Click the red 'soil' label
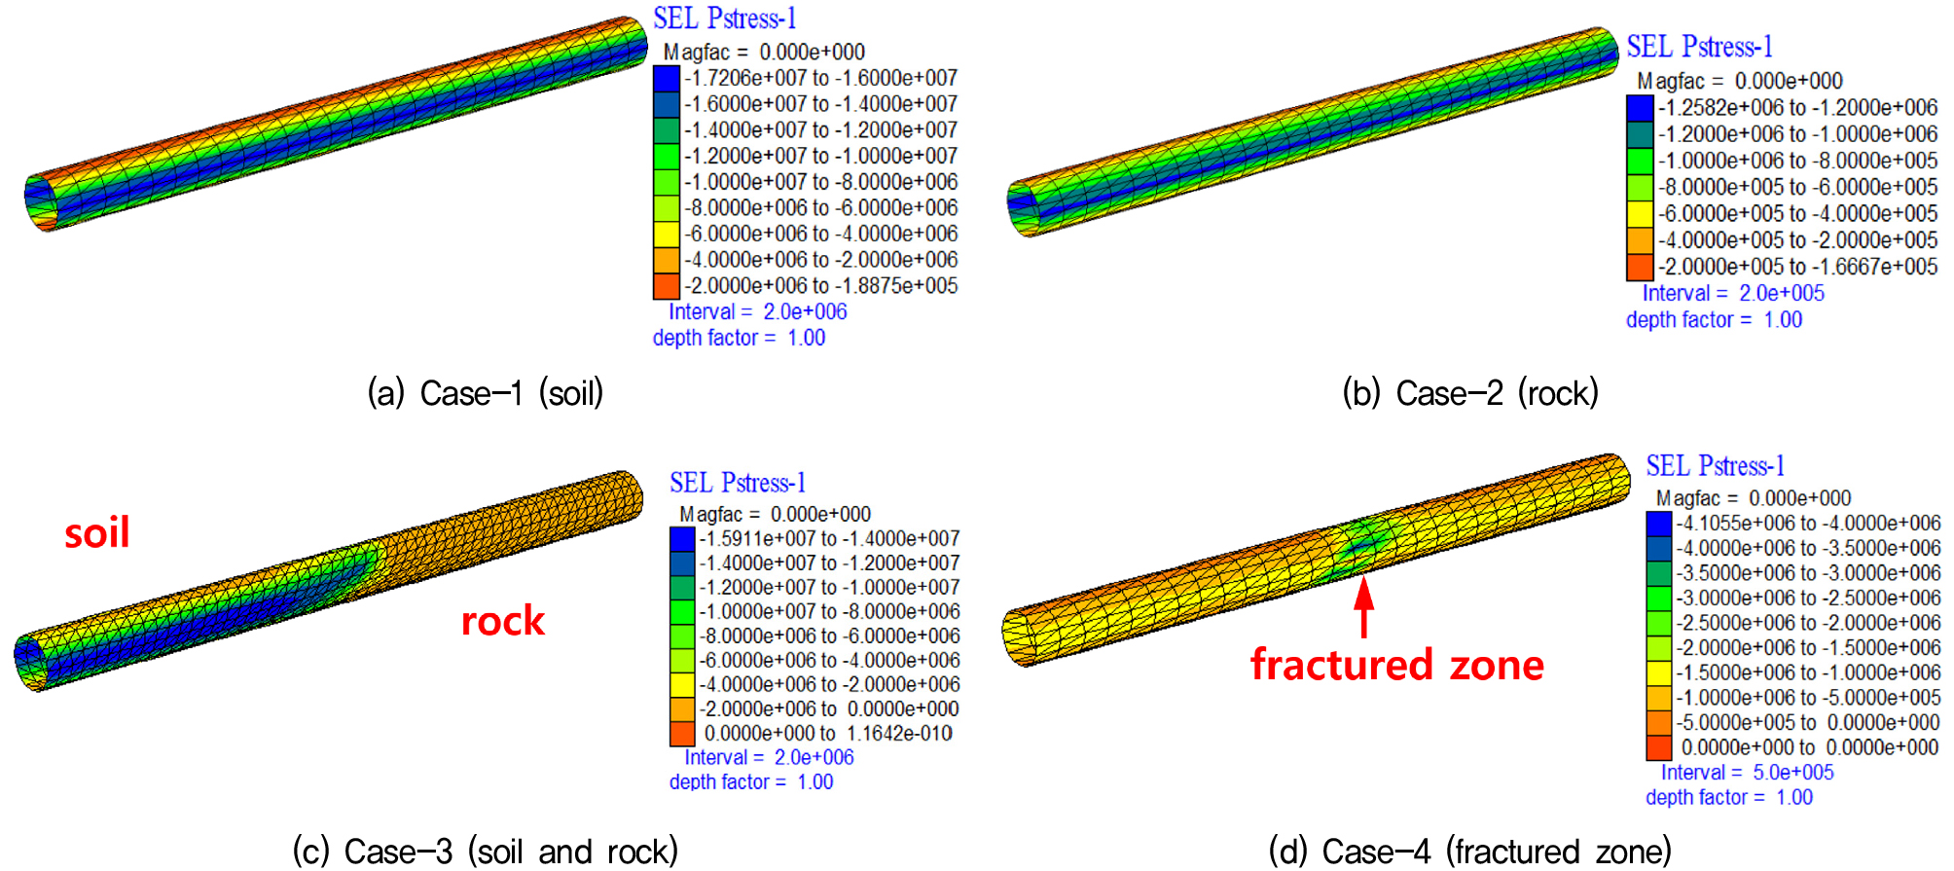tap(97, 533)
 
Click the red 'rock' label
tap(502, 621)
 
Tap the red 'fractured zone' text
tap(1397, 665)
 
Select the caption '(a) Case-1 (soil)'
tap(486, 393)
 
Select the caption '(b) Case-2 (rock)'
tap(1470, 393)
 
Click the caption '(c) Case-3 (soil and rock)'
tap(486, 852)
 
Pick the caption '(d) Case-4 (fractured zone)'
tap(1470, 852)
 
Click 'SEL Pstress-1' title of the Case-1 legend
tap(725, 18)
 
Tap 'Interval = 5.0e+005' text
tap(1747, 773)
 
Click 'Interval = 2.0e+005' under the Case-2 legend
tap(1733, 294)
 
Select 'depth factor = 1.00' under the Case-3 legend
tap(751, 782)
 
